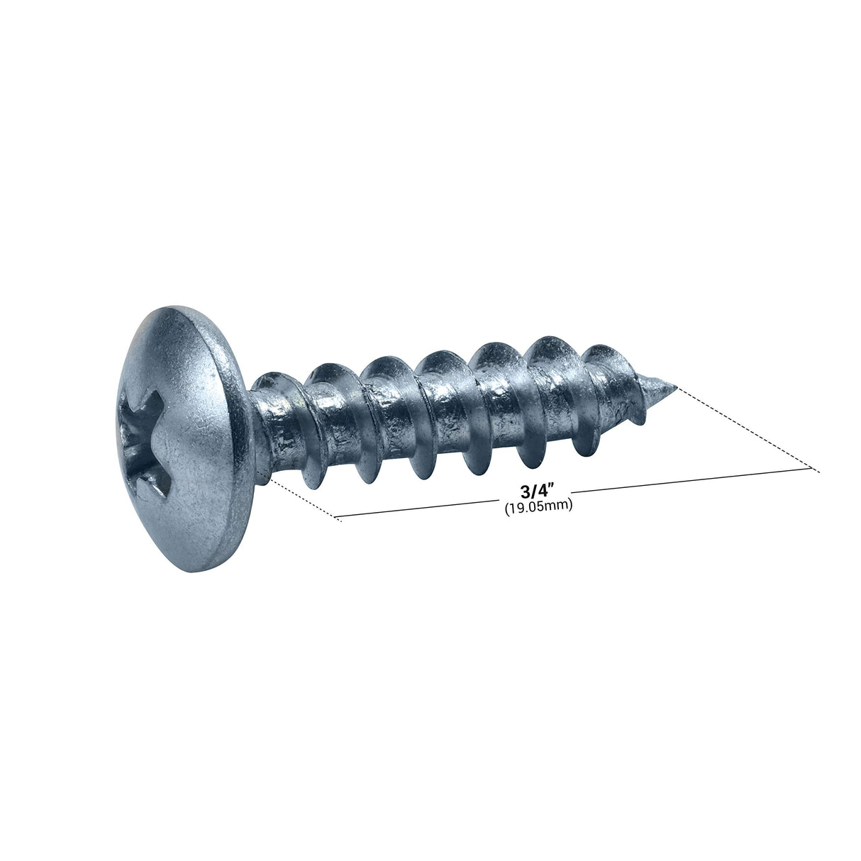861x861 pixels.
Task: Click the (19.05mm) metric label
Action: point(538,507)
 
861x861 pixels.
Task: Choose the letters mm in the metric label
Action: point(560,507)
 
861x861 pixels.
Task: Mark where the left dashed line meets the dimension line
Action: point(335,518)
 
